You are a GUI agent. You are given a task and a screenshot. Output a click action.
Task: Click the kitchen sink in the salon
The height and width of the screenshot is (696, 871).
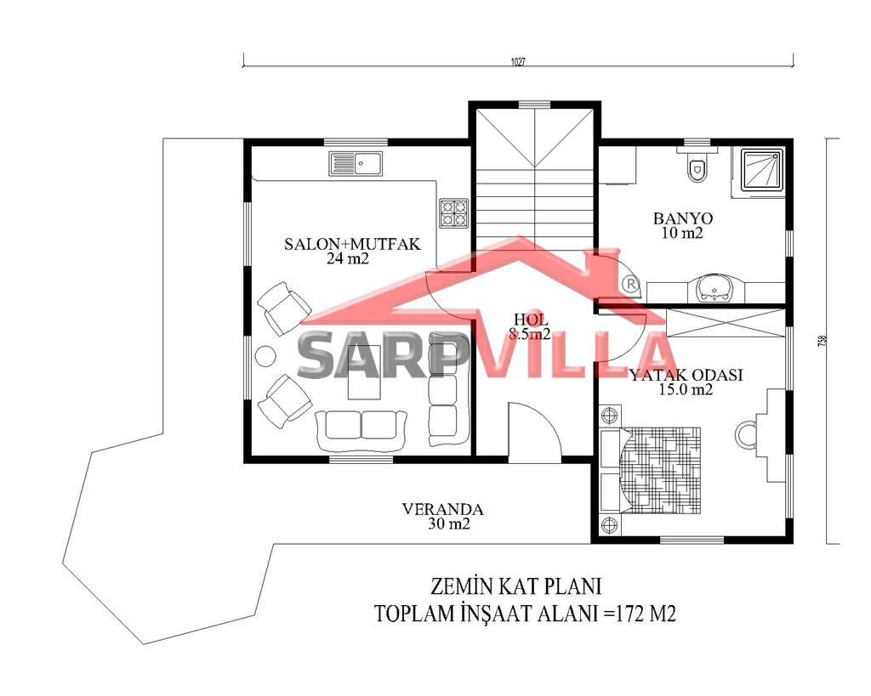pyautogui.click(x=356, y=164)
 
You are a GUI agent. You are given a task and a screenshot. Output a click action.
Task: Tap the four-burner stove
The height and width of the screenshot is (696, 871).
pyautogui.click(x=454, y=213)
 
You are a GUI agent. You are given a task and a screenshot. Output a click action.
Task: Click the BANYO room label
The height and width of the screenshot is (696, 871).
pyautogui.click(x=683, y=218)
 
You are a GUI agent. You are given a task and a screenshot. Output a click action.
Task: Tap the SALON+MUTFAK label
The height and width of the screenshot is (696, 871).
pyautogui.click(x=352, y=244)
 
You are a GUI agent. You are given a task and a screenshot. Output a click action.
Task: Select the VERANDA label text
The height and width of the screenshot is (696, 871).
pyautogui.click(x=442, y=509)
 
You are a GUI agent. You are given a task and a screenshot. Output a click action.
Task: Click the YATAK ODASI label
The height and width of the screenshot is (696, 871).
pyautogui.click(x=686, y=375)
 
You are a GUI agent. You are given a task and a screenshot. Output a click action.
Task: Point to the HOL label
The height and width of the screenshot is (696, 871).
pyautogui.click(x=531, y=320)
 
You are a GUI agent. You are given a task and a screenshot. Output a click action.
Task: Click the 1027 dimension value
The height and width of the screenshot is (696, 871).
pyautogui.click(x=518, y=62)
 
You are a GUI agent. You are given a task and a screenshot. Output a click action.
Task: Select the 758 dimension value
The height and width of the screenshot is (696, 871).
pyautogui.click(x=823, y=340)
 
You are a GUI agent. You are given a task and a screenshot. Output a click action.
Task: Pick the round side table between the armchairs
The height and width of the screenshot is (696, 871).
pyautogui.click(x=265, y=356)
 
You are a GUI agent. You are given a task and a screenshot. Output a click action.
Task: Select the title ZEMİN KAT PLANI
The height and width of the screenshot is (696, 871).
pyautogui.click(x=516, y=586)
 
